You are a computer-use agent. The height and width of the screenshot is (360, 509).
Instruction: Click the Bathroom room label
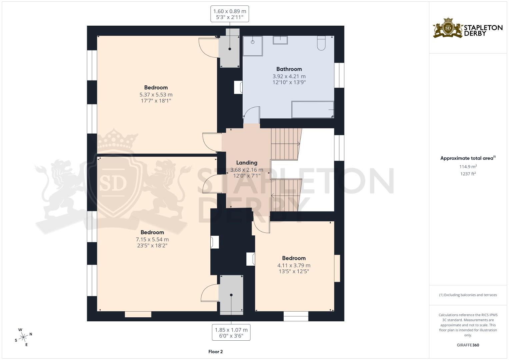(x=289, y=69)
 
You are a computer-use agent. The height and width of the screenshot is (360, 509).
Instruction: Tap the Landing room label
(x=247, y=163)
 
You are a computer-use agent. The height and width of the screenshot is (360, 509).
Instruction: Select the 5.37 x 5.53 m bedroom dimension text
(x=156, y=95)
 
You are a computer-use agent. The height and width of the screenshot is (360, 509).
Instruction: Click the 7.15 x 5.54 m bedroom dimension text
(x=152, y=239)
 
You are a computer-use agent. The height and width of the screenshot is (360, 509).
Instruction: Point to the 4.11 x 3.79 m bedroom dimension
(x=294, y=265)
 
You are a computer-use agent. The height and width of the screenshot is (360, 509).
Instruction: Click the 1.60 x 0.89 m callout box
(x=230, y=14)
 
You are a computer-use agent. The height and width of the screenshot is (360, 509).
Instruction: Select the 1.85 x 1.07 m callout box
(x=231, y=333)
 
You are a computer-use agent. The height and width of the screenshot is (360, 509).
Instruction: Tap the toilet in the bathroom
(x=321, y=43)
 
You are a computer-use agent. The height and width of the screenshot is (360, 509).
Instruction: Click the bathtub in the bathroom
(x=313, y=110)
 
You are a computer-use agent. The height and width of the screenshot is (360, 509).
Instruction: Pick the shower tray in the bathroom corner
(x=253, y=46)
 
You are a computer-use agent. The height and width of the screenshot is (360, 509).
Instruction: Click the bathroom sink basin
(x=280, y=40)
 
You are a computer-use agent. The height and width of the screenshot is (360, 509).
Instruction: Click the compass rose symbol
(x=23, y=337)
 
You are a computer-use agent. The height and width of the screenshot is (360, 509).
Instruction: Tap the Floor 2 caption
(x=215, y=352)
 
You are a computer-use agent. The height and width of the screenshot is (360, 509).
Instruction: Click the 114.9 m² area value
(x=468, y=167)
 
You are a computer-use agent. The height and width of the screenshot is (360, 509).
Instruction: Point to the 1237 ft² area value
(x=468, y=174)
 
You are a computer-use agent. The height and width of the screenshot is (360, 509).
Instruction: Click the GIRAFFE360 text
(x=468, y=345)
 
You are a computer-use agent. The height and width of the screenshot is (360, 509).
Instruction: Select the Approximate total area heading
(x=468, y=158)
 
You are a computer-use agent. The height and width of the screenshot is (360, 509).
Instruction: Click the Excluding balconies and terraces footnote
(x=468, y=295)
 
